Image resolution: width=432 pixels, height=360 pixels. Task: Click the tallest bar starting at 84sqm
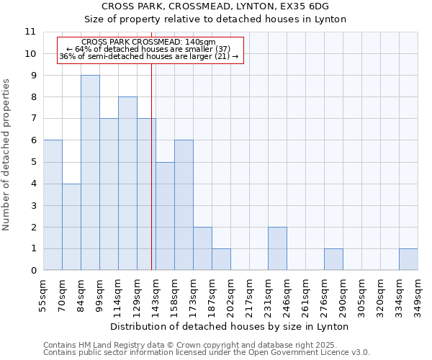pyautogui.click(x=90, y=173)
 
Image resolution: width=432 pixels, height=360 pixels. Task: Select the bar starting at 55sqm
pyautogui.click(x=53, y=205)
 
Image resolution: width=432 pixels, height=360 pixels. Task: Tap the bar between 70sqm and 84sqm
pyautogui.click(x=71, y=227)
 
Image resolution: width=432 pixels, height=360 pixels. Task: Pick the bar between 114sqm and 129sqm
pyautogui.click(x=127, y=184)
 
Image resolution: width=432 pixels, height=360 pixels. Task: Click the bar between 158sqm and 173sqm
pyautogui.click(x=184, y=205)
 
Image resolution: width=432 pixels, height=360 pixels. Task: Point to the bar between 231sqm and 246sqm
pyautogui.click(x=277, y=248)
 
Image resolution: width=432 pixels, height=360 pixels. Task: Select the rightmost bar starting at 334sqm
pyautogui.click(x=408, y=259)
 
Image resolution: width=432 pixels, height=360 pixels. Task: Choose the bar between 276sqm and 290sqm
pyautogui.click(x=333, y=259)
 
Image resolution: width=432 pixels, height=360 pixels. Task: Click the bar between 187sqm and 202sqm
pyautogui.click(x=221, y=259)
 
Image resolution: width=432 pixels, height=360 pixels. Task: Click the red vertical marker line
pyautogui.click(x=151, y=180)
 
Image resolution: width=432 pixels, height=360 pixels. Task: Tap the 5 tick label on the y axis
pyautogui.click(x=32, y=162)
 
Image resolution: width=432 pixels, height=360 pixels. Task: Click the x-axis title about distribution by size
pyautogui.click(x=230, y=326)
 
